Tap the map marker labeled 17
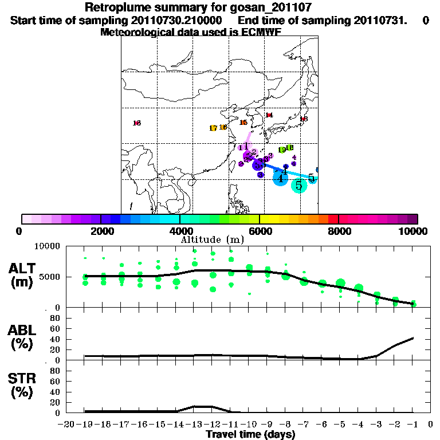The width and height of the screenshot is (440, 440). tap(213, 128)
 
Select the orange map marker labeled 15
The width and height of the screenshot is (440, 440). tap(243, 123)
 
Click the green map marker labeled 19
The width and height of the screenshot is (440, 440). tap(282, 150)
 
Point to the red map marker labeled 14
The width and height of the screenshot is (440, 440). tap(269, 115)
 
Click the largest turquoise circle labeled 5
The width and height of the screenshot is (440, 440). tap(298, 185)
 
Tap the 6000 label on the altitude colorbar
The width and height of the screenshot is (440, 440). tap(260, 231)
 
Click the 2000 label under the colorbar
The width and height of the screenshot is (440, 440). tap(101, 231)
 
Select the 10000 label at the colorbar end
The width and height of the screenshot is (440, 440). tap(414, 231)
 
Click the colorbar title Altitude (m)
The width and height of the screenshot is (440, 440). tap(212, 239)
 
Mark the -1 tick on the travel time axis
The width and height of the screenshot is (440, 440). tap(413, 424)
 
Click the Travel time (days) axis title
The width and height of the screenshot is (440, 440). tap(250, 434)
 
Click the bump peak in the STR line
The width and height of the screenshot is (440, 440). tap(203, 406)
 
